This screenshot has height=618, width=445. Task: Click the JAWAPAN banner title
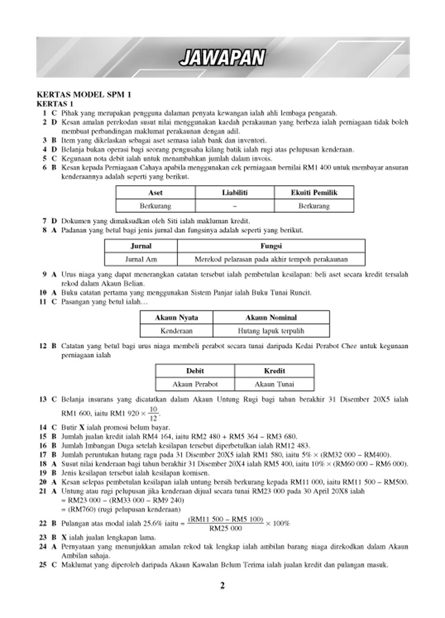click(223, 58)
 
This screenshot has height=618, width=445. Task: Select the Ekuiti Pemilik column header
click(314, 192)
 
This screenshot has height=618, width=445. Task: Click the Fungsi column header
click(271, 246)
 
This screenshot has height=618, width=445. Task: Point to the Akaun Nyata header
click(177, 318)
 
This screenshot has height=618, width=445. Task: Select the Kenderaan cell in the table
click(177, 331)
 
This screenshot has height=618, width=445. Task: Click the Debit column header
click(195, 370)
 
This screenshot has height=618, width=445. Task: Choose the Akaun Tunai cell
click(274, 384)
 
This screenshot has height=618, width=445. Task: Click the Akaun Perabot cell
click(195, 384)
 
